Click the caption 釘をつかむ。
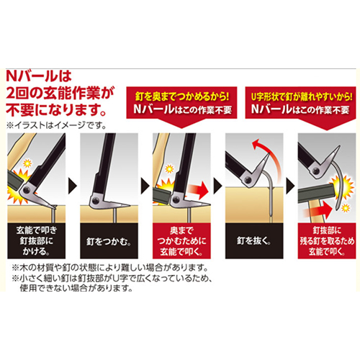click(109, 241)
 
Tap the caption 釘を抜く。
click(254, 240)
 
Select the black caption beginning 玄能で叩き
click(37, 240)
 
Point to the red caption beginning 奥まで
click(181, 241)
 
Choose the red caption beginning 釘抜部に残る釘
click(327, 240)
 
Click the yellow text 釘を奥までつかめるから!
click(181, 96)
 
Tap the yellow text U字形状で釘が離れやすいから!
click(302, 96)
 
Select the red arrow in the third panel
click(198, 189)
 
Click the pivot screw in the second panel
click(96, 199)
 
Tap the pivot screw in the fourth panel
click(248, 179)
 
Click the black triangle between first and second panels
click(73, 186)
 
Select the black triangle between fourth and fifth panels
click(290, 186)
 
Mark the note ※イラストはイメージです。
click(57, 125)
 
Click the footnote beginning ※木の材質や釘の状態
click(110, 267)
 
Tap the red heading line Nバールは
click(38, 76)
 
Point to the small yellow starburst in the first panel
click(27, 163)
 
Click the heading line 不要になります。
click(55, 110)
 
